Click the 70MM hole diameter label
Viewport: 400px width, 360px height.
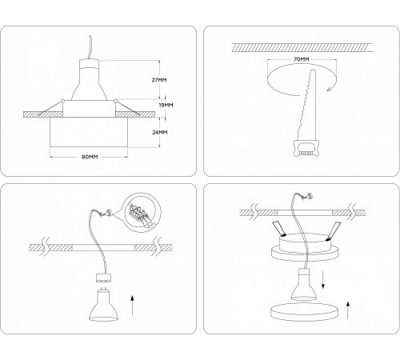click(301, 58)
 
